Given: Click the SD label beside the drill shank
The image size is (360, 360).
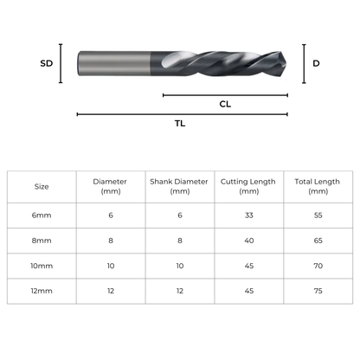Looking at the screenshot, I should point(48,63).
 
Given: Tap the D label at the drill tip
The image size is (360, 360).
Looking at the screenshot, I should point(316,63).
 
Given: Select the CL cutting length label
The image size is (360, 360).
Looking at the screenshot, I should point(225,103).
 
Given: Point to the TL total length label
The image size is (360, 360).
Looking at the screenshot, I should point(180,123).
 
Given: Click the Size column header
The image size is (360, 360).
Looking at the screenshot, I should point(42,186).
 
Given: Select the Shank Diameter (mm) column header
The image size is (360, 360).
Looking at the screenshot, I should point(180,186).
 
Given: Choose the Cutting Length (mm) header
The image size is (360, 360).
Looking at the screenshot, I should point(248,186).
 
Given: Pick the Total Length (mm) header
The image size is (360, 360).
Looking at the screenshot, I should point(318,186).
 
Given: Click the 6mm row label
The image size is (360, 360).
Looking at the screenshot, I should point(42,215).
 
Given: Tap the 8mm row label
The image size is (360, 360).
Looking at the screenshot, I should point(42,241).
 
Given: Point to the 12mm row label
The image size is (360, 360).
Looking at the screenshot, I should point(42,291).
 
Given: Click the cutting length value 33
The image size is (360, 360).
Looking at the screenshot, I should point(248,215).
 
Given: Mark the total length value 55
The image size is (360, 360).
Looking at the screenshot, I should point(318,215).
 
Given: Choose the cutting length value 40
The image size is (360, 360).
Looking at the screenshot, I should point(248,241).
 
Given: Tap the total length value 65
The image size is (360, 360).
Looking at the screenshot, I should point(318,241).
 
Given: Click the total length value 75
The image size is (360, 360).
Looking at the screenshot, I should point(318,291).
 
